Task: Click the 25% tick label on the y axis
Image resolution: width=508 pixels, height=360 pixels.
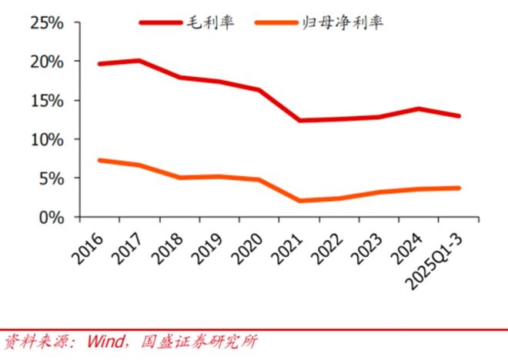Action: click(x=45, y=22)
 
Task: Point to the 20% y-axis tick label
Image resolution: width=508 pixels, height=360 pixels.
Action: click(x=45, y=62)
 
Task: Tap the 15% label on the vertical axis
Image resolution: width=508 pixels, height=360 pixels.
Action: click(x=45, y=101)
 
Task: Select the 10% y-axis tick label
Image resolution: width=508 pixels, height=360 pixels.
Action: click(x=45, y=140)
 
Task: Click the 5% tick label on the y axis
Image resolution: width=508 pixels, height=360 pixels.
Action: click(x=51, y=178)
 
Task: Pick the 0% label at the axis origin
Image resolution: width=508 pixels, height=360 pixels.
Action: click(x=51, y=218)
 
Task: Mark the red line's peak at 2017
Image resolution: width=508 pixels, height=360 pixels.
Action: click(x=138, y=60)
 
